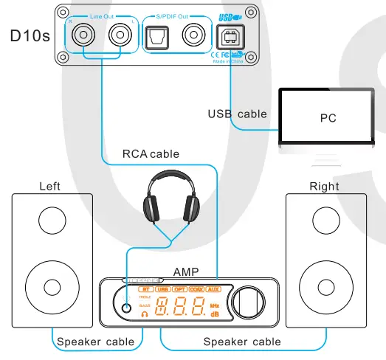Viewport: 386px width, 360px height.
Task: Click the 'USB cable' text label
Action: (x=236, y=114)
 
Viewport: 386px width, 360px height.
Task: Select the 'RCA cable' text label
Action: (x=151, y=154)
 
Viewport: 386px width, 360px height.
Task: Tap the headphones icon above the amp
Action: (x=173, y=200)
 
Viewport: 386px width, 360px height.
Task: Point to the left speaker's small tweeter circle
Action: (x=51, y=219)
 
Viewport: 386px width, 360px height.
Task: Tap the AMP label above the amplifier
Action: (x=186, y=270)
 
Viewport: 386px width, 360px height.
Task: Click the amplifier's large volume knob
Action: (x=246, y=302)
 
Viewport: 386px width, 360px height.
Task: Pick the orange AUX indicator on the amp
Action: (x=213, y=290)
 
